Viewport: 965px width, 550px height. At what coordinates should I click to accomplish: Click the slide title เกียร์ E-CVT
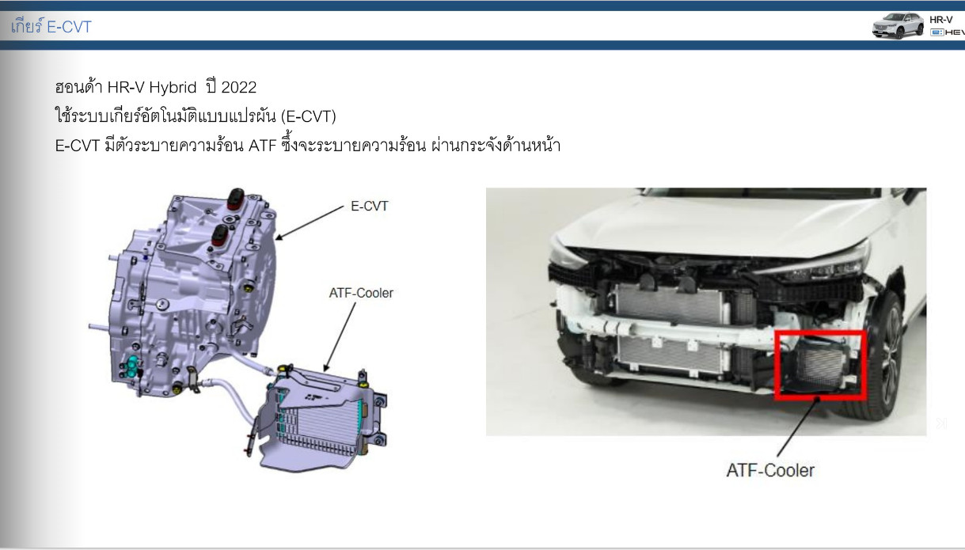coord(51,26)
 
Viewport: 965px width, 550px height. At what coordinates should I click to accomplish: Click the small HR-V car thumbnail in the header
coord(899,26)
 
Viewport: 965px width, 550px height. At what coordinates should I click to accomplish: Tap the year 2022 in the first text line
coord(238,87)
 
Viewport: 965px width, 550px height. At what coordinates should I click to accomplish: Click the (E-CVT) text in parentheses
coord(308,116)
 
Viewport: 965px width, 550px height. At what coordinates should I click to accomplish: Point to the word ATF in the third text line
coord(262,146)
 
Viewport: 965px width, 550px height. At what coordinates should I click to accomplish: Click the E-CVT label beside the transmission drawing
coord(370,207)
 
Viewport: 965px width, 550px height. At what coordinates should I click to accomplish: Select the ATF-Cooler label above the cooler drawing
coord(361,293)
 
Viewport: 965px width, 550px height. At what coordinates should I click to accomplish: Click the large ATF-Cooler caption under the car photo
coord(770,470)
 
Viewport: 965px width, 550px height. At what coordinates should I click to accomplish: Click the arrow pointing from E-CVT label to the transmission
coord(310,222)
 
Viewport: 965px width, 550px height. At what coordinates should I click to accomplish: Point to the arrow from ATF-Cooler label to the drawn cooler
coord(340,337)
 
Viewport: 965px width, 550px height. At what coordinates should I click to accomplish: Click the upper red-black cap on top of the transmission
coord(236,199)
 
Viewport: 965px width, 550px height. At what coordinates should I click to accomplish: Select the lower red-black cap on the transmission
coord(220,235)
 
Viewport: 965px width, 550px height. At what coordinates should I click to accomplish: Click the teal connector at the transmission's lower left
coord(130,367)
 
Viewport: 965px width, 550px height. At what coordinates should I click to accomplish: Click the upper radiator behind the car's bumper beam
coord(670,304)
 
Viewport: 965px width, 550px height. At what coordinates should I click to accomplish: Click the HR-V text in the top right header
coord(941,20)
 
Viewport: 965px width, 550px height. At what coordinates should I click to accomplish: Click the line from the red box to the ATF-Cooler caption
coord(798,427)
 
